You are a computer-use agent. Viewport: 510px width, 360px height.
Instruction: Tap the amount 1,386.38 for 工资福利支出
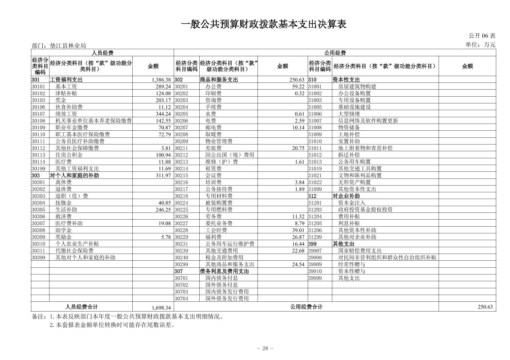tap(161, 80)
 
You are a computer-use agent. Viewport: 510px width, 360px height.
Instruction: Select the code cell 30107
tap(38, 114)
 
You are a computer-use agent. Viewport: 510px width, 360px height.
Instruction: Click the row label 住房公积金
tap(69, 155)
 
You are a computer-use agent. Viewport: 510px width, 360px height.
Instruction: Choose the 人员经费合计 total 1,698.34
tap(161, 307)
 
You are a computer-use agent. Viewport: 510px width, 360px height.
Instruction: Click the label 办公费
tap(213, 87)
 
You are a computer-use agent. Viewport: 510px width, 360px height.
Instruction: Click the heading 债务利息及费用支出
tap(224, 271)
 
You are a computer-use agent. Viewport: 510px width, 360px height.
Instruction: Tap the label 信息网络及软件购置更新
tap(368, 121)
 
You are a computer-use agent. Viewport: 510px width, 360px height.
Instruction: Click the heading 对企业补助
tap(346, 196)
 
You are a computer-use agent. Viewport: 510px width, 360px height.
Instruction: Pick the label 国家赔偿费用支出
tap(360, 251)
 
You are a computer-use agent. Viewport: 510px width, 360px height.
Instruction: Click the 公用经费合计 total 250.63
tap(485, 307)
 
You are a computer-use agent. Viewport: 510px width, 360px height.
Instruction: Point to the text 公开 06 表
tap(482, 36)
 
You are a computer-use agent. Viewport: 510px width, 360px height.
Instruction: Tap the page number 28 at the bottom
tap(265, 349)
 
